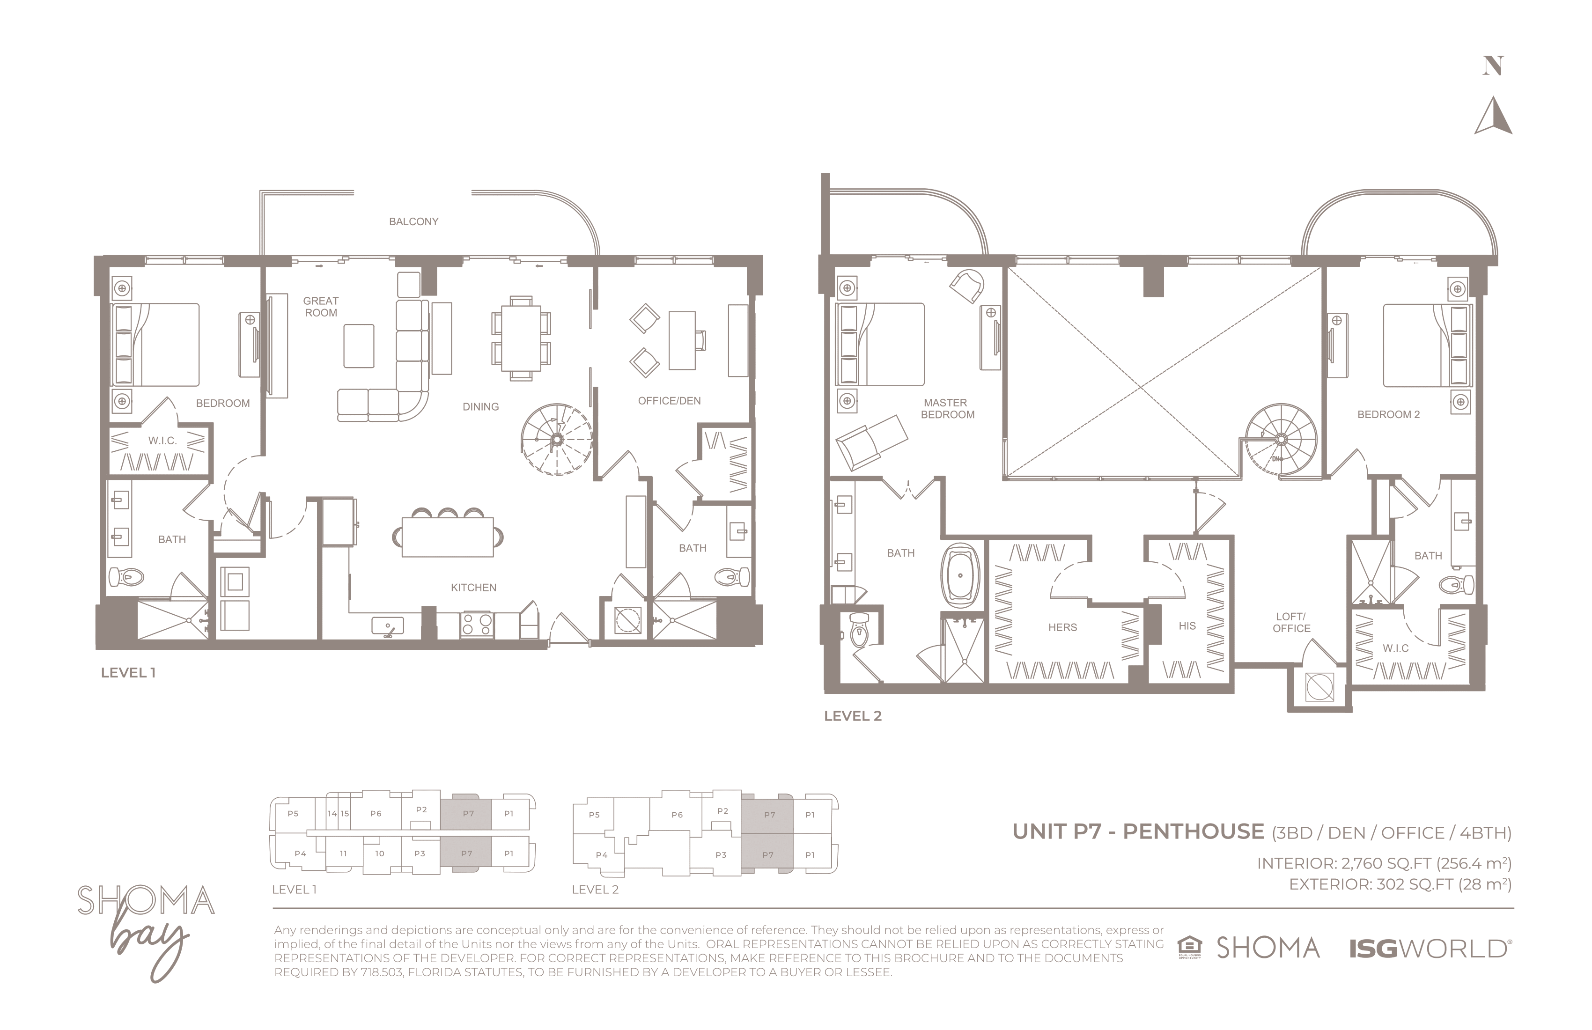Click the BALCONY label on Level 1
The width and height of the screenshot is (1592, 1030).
click(x=413, y=221)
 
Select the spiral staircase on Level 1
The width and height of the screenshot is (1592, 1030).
click(x=557, y=440)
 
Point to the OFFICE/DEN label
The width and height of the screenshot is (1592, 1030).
click(x=669, y=401)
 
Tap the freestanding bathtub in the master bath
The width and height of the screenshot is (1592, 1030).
click(x=960, y=574)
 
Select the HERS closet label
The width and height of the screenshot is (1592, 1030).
click(x=1062, y=627)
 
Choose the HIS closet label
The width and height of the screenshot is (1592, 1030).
click(x=1187, y=626)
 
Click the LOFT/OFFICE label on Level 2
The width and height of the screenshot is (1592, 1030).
click(x=1291, y=622)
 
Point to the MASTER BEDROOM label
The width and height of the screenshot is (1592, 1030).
click(x=947, y=409)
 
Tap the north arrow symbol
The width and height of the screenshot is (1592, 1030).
click(x=1494, y=116)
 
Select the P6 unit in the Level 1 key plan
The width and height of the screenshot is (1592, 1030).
click(x=376, y=813)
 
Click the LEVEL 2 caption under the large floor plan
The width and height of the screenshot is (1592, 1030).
click(x=852, y=716)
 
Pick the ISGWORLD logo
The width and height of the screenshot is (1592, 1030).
click(x=1429, y=949)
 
